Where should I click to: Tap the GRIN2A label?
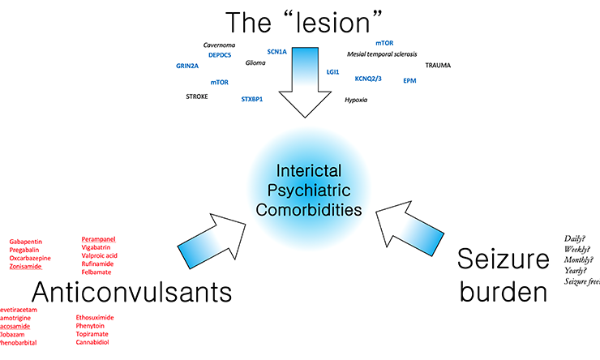(187, 66)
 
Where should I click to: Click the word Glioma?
(255, 62)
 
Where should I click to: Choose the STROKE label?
(197, 96)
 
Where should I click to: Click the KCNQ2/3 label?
(368, 79)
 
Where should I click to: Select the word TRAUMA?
(438, 65)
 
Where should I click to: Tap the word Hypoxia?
(356, 100)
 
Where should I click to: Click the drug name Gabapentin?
(28, 242)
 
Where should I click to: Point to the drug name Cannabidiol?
(92, 342)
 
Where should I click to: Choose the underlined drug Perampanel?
(99, 239)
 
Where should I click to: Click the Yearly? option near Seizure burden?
(576, 270)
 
